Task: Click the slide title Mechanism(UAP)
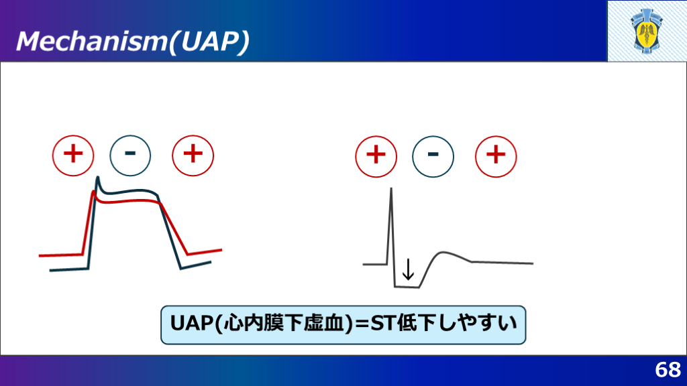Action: tap(133, 42)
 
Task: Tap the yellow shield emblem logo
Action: tap(647, 31)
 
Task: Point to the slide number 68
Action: tap(668, 370)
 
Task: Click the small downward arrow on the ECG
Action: tap(408, 269)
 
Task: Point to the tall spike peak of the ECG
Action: tap(391, 189)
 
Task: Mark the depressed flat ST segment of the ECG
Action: tap(407, 287)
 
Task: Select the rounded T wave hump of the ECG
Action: tap(443, 253)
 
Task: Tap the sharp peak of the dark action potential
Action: tap(97, 177)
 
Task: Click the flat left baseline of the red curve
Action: tap(61, 255)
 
